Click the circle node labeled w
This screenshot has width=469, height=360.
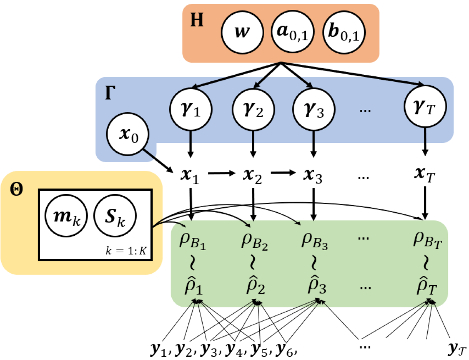coord(242,32)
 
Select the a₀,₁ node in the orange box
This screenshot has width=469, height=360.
coord(292,32)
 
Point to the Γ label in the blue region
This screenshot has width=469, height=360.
coord(110,93)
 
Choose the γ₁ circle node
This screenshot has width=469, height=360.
coord(191,109)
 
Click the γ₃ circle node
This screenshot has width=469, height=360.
coord(313,109)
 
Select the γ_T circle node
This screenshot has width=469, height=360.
coord(425,107)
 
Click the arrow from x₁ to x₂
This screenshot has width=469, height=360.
coord(222,173)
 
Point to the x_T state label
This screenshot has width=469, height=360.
coord(425,175)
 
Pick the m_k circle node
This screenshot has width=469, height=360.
coord(66,216)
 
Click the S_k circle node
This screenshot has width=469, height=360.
coord(115,216)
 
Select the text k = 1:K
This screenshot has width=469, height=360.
coord(126,251)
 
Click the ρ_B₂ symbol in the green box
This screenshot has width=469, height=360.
coord(255,241)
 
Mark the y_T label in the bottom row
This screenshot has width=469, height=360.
coord(457,348)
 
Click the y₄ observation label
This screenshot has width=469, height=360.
coord(234,349)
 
